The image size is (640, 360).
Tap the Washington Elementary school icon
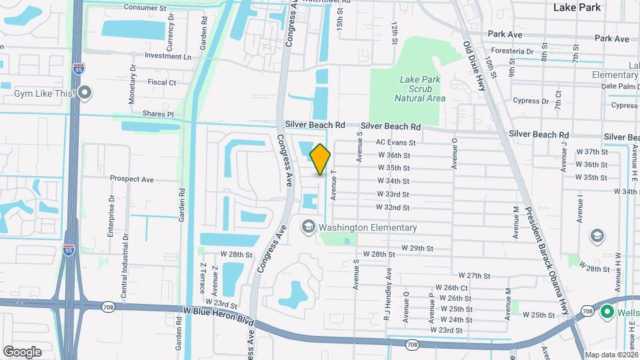coord(308,227)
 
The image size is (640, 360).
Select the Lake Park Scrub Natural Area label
coord(419,89)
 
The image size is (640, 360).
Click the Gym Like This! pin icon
coord(84,93)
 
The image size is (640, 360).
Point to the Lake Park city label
coord(577,7)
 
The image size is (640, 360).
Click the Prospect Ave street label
coord(132,179)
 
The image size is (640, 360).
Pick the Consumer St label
coord(145,7)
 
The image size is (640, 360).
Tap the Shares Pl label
coord(158,114)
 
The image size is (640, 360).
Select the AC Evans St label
coord(395,142)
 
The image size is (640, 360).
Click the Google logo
coord(22,352)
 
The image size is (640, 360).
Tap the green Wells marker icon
coord(607,311)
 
